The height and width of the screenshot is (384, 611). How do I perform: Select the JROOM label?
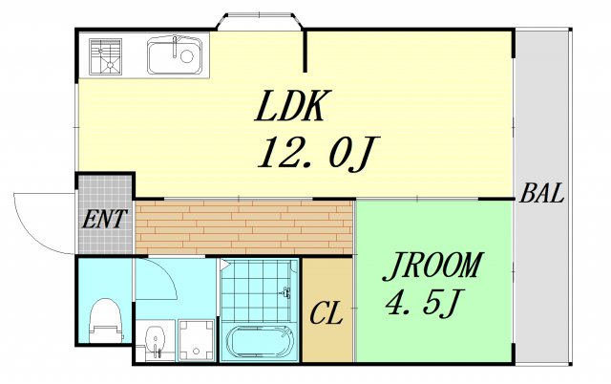pos(432,267)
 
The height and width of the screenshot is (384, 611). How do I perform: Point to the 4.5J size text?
pos(424,302)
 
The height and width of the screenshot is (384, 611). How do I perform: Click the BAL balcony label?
pos(542,193)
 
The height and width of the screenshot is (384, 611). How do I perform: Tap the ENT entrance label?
pos(104,219)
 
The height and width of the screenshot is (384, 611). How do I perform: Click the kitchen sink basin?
pos(175,56)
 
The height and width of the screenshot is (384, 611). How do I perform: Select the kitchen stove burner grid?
pos(106,56)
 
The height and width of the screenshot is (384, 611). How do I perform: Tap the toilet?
pos(105,320)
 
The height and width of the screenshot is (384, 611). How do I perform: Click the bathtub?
pos(260,342)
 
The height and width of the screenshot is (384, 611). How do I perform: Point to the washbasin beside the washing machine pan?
pos(156,340)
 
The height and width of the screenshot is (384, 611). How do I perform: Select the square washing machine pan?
pos(197,340)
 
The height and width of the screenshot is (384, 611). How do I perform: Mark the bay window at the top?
pos(260,21)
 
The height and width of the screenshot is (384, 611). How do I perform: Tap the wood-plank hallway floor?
pos(244,227)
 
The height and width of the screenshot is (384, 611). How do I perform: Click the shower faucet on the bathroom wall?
pos(285,291)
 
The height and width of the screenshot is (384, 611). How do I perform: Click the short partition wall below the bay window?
pos(305,51)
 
